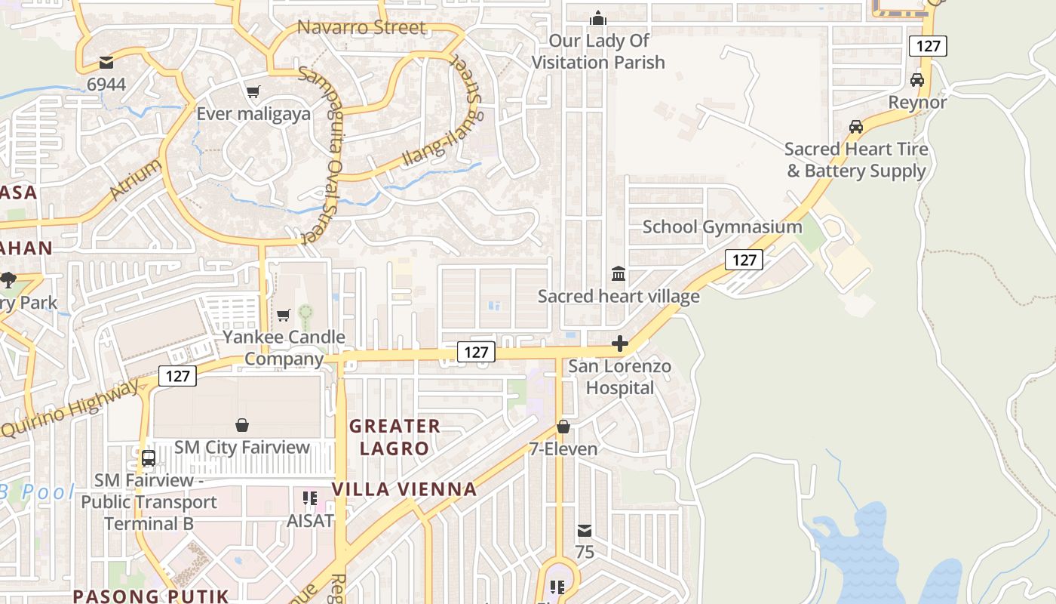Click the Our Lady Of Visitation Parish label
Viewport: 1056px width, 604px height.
coord(598,51)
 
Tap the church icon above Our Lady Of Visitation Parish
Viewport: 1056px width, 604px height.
coord(598,17)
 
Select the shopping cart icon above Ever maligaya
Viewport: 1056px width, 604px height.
coord(253,91)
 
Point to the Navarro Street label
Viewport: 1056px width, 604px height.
coord(361,28)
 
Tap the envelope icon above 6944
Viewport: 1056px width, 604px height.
coord(106,62)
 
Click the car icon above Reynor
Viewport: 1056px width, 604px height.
coord(917,79)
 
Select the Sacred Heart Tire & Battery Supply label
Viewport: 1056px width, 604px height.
coord(856,160)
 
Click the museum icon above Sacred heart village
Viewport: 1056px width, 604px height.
coord(619,273)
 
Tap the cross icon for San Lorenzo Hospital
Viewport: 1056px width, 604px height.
coord(620,344)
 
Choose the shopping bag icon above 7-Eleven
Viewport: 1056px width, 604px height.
coord(563,427)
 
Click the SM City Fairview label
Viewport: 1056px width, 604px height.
coord(242,447)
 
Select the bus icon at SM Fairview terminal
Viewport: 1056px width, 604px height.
coord(149,458)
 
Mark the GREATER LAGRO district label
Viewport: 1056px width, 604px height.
coord(394,437)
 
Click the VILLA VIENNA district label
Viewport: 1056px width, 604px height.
coord(404,489)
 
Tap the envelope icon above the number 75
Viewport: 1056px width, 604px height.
coord(585,531)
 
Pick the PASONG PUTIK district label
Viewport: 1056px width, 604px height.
coord(150,596)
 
